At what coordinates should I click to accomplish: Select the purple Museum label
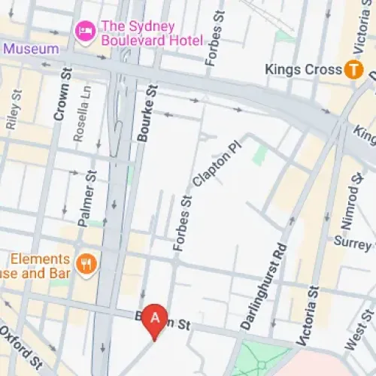[30, 49]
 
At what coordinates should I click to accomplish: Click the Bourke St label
[147, 113]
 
